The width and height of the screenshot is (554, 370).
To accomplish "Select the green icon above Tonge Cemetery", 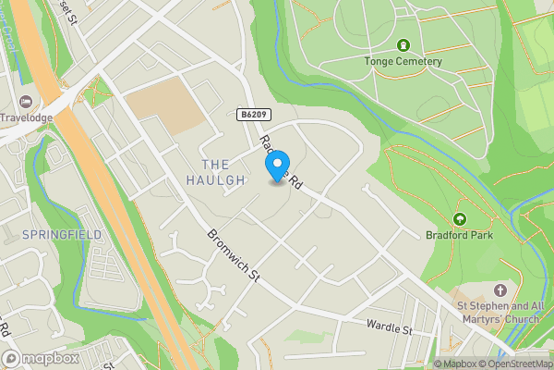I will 403,45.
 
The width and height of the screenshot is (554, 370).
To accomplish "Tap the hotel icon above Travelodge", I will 24,100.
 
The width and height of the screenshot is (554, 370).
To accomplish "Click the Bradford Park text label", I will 460,235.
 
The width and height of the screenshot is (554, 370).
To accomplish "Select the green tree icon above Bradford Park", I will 460,219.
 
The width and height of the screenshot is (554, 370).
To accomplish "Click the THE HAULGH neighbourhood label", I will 215,171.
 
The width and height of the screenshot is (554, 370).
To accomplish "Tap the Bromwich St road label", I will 235,256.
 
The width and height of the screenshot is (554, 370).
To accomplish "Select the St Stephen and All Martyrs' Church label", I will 500,312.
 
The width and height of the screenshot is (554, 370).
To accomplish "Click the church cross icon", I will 501,290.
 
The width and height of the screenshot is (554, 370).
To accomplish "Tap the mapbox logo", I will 41,358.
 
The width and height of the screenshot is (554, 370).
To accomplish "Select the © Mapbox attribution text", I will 455,364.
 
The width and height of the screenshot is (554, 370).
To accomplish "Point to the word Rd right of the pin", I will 296,183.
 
